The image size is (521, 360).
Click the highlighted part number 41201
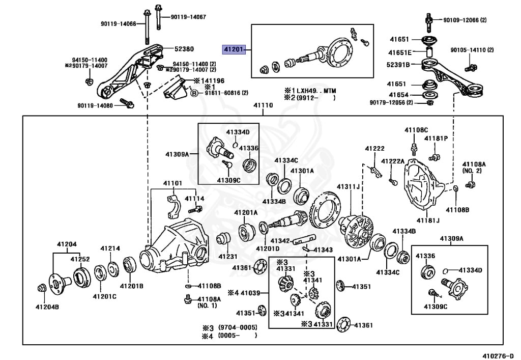point(233,49)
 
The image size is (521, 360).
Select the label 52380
point(184,49)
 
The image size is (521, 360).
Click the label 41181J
point(428,220)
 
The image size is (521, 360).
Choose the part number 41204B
point(47,307)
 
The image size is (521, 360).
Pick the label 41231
point(228,257)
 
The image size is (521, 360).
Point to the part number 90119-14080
point(99,106)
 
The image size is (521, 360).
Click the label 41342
point(280,240)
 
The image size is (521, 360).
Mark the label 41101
point(172,183)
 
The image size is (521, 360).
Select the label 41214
point(110,248)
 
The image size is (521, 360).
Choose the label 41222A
point(393,161)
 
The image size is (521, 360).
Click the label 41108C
point(416,130)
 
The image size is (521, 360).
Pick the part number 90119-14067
point(188,17)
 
